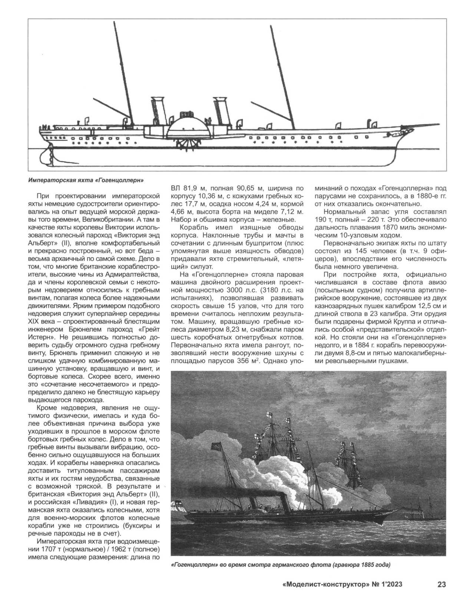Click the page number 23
click(441, 585)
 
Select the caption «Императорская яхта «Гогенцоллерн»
click(86, 181)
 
